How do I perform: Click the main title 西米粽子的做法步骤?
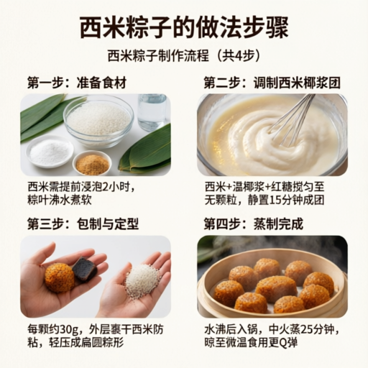[x=184, y=27]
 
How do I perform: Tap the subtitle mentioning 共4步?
[x=184, y=57]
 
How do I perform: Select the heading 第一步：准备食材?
[x=77, y=83]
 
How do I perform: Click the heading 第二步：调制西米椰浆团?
[x=272, y=83]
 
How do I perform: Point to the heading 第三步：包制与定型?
[x=83, y=224]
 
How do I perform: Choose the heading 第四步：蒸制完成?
[x=254, y=224]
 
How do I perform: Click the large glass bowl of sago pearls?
[x=98, y=121]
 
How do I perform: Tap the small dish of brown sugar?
[x=92, y=162]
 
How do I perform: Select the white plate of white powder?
[x=50, y=151]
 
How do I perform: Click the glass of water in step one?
[x=152, y=112]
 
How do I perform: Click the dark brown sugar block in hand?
[x=85, y=270]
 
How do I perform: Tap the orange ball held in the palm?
[x=60, y=277]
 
